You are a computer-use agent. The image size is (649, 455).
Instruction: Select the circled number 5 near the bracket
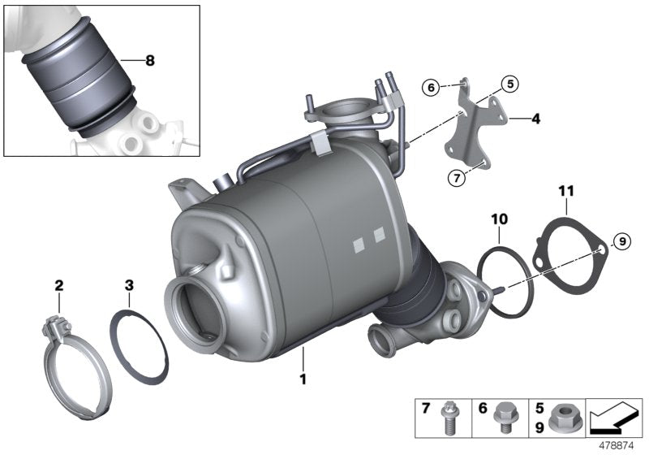point(509,82)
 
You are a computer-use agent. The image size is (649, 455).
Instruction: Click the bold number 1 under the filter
point(303,379)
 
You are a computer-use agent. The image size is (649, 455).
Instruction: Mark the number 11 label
point(565,192)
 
